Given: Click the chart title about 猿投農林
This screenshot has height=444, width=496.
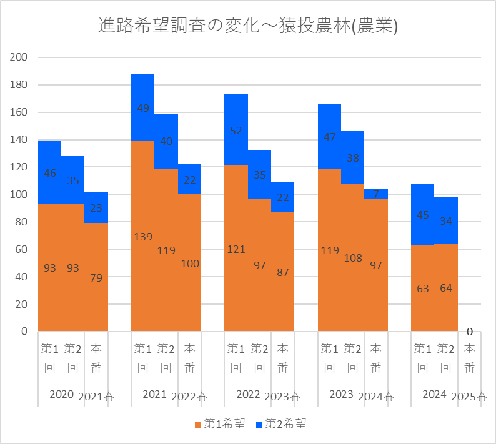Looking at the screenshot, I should tap(248, 26).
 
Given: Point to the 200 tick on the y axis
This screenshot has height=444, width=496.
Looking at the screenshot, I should tap(21, 57).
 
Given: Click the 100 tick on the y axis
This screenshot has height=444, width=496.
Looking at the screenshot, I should tap(21, 194).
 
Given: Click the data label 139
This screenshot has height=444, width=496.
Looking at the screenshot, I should tap(143, 237).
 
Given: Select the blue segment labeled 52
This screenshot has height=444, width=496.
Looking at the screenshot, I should tap(236, 131).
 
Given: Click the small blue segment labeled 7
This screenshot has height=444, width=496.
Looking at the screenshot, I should tap(376, 194).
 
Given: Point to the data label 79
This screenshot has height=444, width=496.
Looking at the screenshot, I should tap(96, 277).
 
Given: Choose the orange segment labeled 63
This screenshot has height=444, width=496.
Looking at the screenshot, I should tap(422, 288).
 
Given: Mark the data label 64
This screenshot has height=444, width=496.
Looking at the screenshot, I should tap(446, 288).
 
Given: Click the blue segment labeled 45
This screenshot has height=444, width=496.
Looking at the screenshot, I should tap(422, 215).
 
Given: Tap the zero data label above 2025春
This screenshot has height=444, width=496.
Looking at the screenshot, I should tap(469, 332).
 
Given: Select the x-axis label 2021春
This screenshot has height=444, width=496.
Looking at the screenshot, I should tap(96, 396).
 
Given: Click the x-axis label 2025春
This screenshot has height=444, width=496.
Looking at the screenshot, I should tap(469, 396).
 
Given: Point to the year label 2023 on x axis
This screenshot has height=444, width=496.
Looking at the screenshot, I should tap(341, 395).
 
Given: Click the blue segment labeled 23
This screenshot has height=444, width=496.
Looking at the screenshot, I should tap(96, 207).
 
